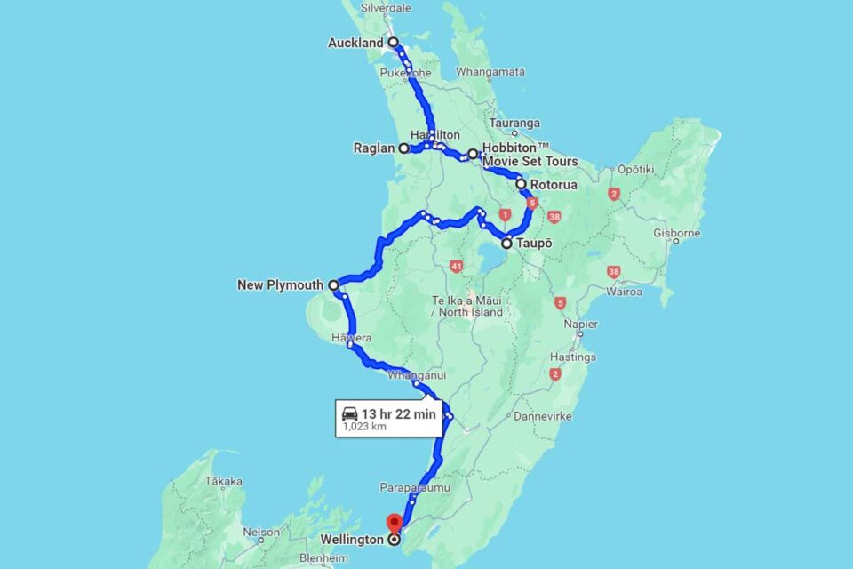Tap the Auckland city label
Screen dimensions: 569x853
[355, 43]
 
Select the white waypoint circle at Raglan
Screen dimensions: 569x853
[404, 148]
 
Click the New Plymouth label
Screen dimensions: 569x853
[280, 285]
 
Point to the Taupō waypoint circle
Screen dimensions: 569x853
[506, 243]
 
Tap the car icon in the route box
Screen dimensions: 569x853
[350, 413]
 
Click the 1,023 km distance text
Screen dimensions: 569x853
[364, 427]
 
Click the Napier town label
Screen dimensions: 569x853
[581, 325]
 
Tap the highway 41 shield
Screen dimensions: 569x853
[457, 266]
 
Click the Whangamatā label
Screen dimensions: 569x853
[490, 71]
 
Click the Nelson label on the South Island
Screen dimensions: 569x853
[260, 533]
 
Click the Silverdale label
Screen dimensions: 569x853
[386, 7]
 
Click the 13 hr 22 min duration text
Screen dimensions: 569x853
[399, 413]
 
